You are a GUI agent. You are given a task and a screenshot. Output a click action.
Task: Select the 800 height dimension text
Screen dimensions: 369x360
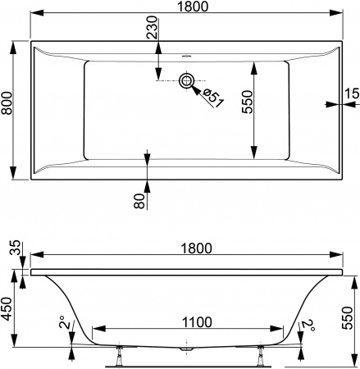point(9,110)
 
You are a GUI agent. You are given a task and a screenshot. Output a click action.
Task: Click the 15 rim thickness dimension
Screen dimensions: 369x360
point(351,94)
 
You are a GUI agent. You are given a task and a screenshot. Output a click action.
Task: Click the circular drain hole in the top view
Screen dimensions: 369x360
point(187,80)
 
